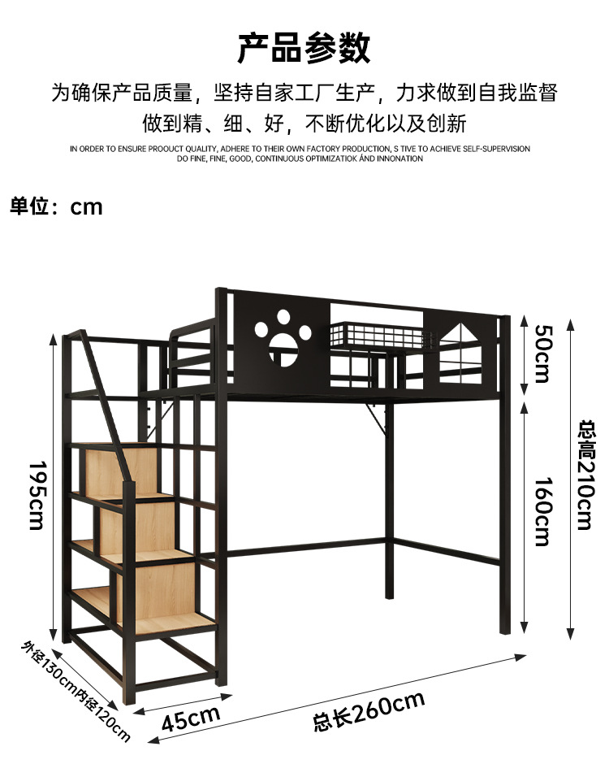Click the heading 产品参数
[304, 48]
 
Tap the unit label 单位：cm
[57, 206]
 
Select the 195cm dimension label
[37, 495]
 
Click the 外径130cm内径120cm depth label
[76, 690]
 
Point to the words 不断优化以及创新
[386, 124]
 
